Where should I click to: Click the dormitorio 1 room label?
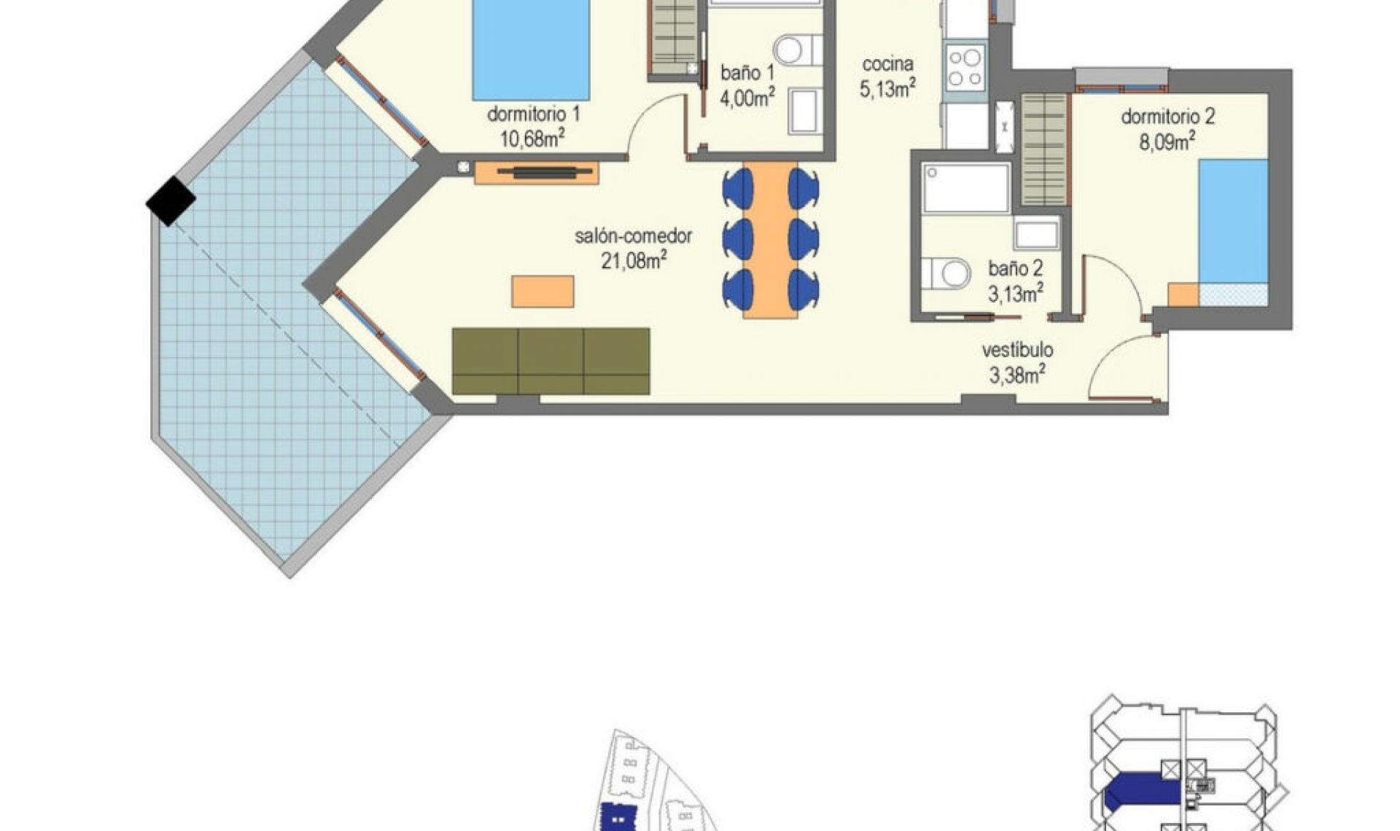(x=533, y=114)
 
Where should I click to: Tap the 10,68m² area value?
(x=532, y=138)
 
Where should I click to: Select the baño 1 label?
(x=747, y=73)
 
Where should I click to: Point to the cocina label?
(x=887, y=64)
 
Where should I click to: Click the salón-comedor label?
(x=633, y=236)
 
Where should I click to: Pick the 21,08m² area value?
(x=634, y=260)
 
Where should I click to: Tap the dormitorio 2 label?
(x=1167, y=117)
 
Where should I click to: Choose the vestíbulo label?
(x=1017, y=350)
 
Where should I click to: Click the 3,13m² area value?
(x=1015, y=294)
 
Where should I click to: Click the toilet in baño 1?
(x=796, y=50)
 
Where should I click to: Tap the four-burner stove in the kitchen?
(x=964, y=67)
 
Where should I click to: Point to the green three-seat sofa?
(x=551, y=361)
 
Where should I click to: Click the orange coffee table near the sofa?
(x=542, y=292)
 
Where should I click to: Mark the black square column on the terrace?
(x=171, y=200)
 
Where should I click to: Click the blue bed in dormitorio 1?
(x=531, y=50)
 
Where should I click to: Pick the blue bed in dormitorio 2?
(x=1233, y=222)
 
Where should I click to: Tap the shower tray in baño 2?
(x=965, y=188)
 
